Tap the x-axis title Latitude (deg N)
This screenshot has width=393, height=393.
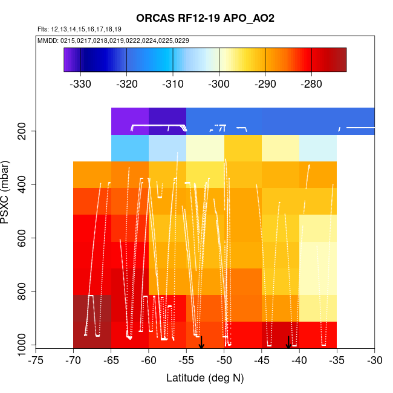pos(205,378)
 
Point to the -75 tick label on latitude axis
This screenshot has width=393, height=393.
pos(36,360)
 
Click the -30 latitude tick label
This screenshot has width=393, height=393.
pos(374,360)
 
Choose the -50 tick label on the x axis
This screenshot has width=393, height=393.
pos(224,360)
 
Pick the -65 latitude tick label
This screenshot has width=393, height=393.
pos(111,360)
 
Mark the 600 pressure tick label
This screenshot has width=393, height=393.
pos(25,238)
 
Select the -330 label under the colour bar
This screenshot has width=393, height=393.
pos(80,83)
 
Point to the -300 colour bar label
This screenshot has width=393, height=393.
pos(219,83)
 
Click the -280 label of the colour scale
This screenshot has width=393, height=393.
pos(311,83)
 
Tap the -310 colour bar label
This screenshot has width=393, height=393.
pos(173,83)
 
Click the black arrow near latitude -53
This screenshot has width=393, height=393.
pos(201,343)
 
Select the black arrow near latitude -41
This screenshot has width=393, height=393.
pos(288,343)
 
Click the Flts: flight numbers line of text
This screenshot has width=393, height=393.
pos(79,29)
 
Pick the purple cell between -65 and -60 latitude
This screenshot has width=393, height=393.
pos(130,121)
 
